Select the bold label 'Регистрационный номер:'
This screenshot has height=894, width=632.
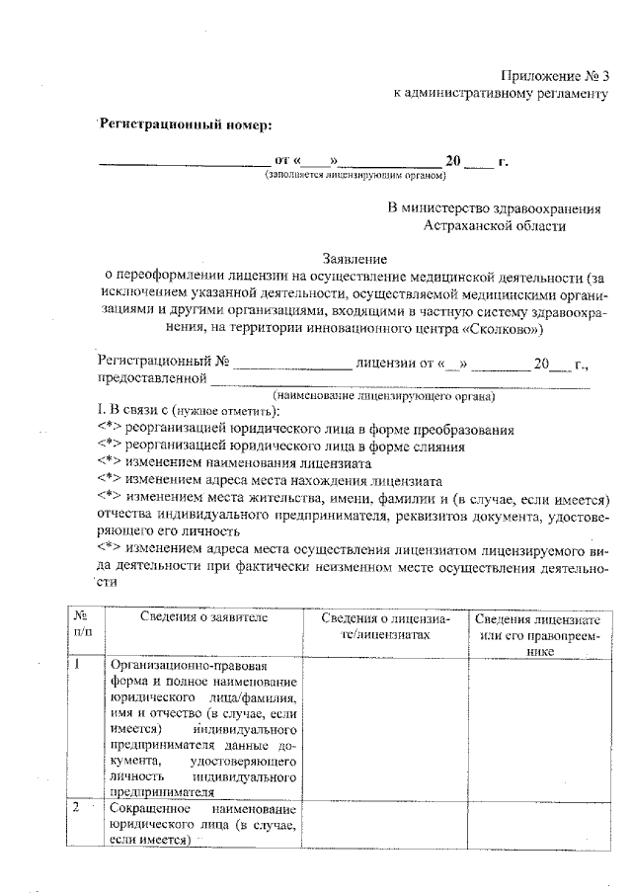tap(184, 123)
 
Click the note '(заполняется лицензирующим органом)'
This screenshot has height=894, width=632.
tap(355, 176)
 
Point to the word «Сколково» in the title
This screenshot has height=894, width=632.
tap(503, 326)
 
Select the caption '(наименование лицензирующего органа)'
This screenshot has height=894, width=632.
tap(384, 395)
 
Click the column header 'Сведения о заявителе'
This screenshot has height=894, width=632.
tap(203, 618)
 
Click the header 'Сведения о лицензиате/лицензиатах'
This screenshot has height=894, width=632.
tap(386, 625)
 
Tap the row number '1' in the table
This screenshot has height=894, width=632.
tap(76, 665)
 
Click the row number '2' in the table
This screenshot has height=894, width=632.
tap(76, 808)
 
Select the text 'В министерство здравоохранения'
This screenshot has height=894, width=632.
tap(494, 208)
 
